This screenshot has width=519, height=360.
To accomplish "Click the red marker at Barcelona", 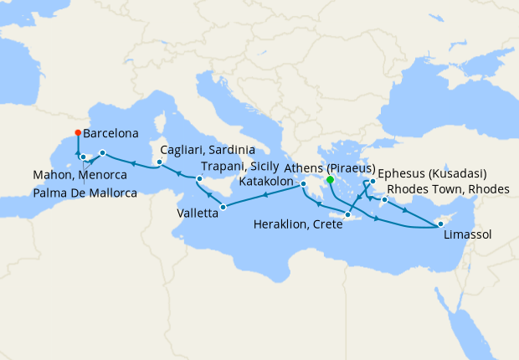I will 78,132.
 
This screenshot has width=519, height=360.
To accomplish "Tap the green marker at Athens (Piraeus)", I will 330,179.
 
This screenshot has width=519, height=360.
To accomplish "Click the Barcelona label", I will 110,132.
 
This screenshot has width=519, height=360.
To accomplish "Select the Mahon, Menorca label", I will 80,176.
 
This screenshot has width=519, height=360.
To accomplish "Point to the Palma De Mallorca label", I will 86,193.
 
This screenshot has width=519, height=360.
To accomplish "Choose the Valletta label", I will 198,213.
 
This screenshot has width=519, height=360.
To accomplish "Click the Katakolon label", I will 266,181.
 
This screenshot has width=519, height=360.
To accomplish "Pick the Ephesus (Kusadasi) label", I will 433,173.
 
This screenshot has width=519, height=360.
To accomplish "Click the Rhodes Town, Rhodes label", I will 449,190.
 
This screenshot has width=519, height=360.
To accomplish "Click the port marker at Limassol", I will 440,224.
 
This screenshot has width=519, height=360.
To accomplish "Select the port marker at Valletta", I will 223,207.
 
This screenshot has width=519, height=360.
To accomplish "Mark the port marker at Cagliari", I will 154,162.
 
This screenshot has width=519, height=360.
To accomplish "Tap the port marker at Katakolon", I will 304,184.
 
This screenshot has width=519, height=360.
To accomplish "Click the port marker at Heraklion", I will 347,214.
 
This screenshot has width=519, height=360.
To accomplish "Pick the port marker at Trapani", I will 199,179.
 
